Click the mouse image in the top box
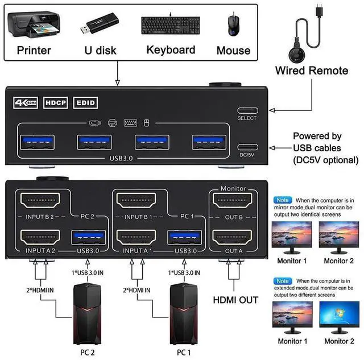[234, 24]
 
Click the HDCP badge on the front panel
[57, 103]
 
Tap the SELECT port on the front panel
[247, 110]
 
